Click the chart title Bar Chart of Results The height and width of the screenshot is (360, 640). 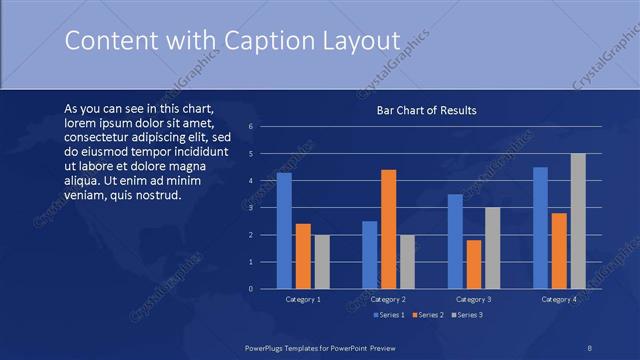click(426, 110)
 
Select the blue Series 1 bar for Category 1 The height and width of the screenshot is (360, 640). click(284, 230)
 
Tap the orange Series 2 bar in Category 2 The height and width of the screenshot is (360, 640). click(388, 229)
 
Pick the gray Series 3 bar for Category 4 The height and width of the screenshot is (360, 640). click(578, 221)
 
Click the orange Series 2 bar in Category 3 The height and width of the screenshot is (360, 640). click(474, 264)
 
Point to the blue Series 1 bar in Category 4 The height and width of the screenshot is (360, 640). click(540, 227)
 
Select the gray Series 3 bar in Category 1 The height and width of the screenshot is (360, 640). click(321, 261)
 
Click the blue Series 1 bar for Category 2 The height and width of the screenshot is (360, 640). click(370, 254)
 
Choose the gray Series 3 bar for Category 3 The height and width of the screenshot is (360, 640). click(492, 247)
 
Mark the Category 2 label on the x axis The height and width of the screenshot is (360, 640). click(388, 299)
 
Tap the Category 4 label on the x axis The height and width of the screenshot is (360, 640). click(559, 299)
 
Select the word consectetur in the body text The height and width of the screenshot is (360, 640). click(98, 136)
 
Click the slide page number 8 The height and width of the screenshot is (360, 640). click(590, 346)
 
